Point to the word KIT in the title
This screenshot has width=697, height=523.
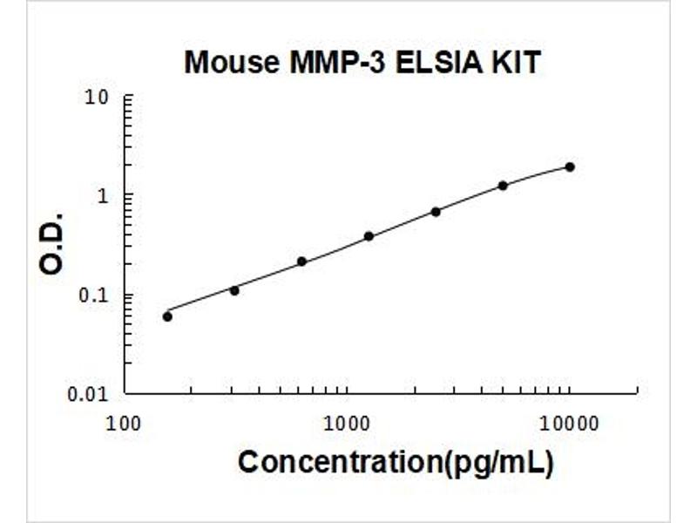click(515, 63)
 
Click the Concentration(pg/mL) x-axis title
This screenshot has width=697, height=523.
click(395, 462)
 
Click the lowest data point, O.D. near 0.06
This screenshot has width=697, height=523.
click(167, 316)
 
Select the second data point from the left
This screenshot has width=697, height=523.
click(234, 290)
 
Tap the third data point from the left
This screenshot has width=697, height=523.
click(301, 261)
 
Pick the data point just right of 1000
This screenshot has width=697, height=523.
click(369, 236)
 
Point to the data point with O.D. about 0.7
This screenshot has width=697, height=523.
click(436, 212)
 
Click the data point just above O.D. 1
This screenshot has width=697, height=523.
click(503, 186)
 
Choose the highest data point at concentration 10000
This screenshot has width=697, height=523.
click(570, 166)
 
